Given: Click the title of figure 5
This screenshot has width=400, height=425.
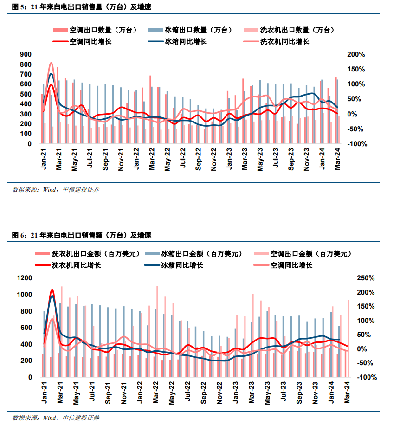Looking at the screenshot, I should (81, 7).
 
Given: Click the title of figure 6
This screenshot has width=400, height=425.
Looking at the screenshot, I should (81, 235).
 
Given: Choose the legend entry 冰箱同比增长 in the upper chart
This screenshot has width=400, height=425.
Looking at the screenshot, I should (186, 42).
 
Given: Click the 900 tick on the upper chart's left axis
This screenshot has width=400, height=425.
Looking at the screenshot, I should (26, 54).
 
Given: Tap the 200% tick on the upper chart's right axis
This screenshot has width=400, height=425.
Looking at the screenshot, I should (356, 54).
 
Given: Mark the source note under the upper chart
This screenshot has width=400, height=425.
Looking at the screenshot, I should (56, 189).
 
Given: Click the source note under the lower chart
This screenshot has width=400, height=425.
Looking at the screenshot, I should (56, 418).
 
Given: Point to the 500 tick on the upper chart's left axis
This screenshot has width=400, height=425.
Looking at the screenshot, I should (26, 94).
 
